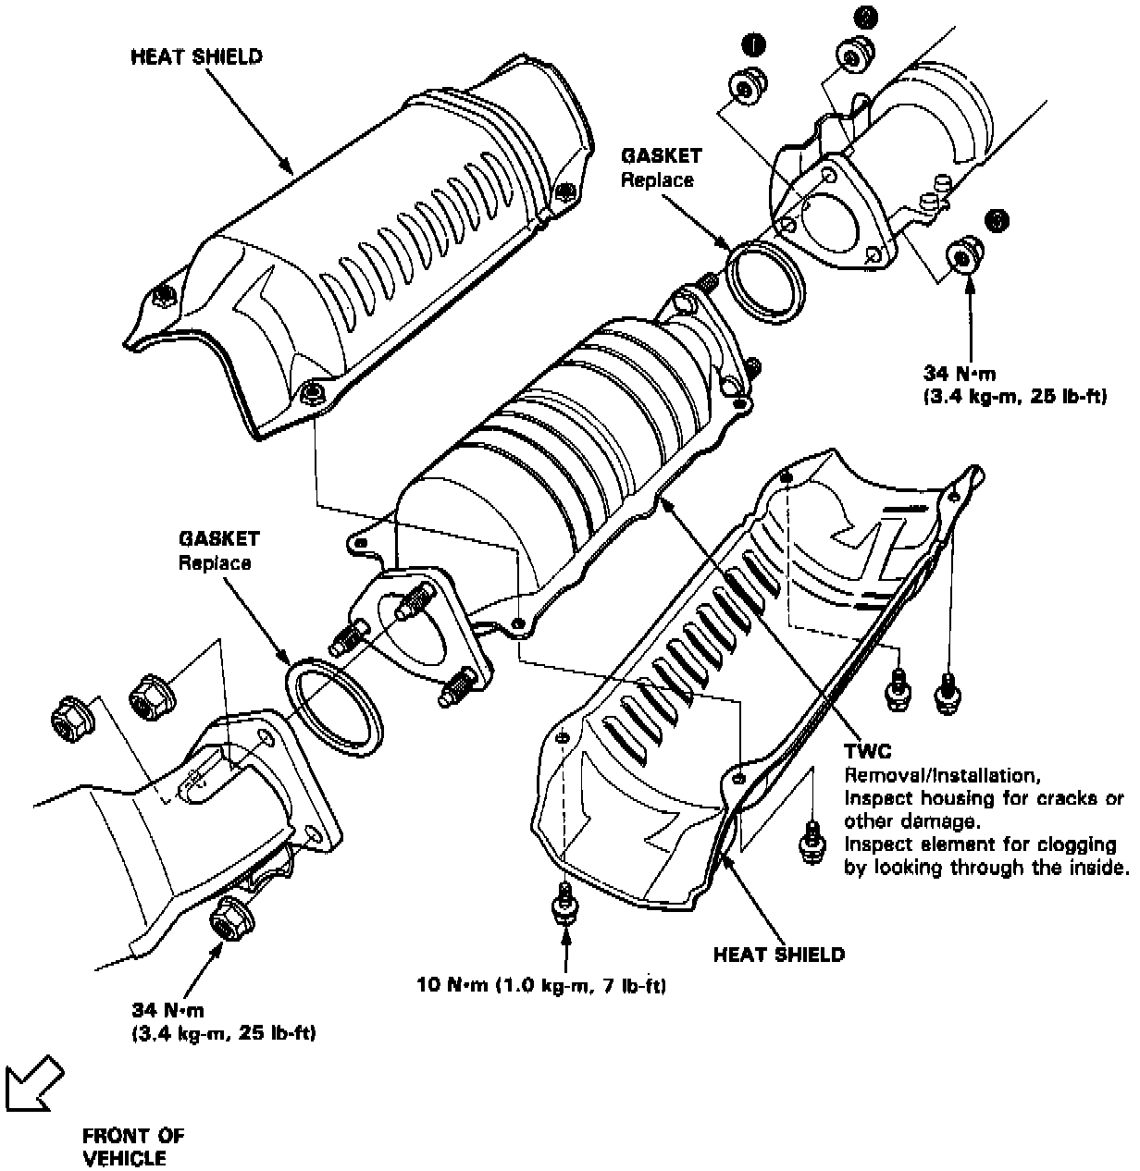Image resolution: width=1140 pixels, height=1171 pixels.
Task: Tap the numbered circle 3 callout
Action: [x=997, y=220]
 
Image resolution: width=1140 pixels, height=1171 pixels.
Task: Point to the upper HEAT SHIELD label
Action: [x=196, y=56]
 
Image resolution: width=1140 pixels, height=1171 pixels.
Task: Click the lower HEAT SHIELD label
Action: [x=778, y=955]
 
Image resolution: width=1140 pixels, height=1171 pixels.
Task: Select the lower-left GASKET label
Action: [x=219, y=538]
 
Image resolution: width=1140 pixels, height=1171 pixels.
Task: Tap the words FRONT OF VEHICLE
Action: [x=133, y=1146]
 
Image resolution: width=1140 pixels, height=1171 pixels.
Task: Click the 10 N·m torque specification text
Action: [x=541, y=986]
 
